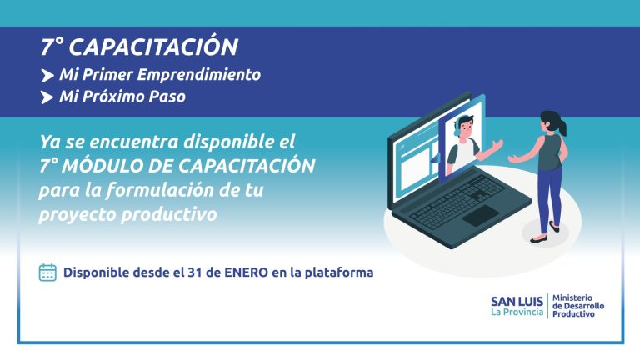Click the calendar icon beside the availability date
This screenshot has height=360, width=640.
click(x=47, y=272)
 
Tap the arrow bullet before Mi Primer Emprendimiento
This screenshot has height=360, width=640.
click(x=47, y=76)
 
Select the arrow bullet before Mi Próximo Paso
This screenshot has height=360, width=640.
click(x=47, y=97)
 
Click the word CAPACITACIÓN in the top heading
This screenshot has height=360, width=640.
click(x=153, y=47)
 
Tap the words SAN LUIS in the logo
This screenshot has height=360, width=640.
click(x=517, y=301)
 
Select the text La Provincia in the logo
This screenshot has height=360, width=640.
click(x=517, y=312)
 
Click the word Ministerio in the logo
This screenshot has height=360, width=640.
click(x=572, y=298)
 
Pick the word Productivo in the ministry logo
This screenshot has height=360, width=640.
click(x=573, y=314)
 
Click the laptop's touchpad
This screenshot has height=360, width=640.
click(x=480, y=215)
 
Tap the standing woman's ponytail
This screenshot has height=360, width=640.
click(x=563, y=127)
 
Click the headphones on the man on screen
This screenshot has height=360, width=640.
click(x=457, y=126)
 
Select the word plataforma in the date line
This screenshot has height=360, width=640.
click(x=339, y=272)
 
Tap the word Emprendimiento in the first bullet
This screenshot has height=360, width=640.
click(x=199, y=75)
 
